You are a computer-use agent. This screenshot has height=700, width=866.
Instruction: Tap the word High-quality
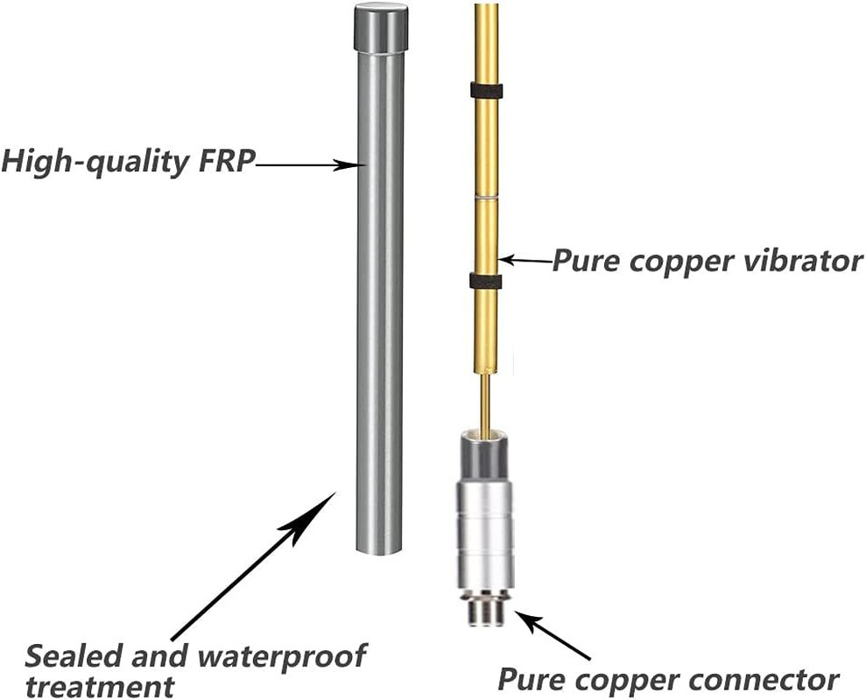[92, 163]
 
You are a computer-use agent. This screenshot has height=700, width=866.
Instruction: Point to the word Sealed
[67, 654]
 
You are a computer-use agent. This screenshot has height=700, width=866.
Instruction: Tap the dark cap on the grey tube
[380, 28]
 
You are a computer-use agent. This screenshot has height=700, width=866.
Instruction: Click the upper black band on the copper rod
[486, 89]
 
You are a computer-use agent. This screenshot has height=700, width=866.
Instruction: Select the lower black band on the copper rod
[485, 281]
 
